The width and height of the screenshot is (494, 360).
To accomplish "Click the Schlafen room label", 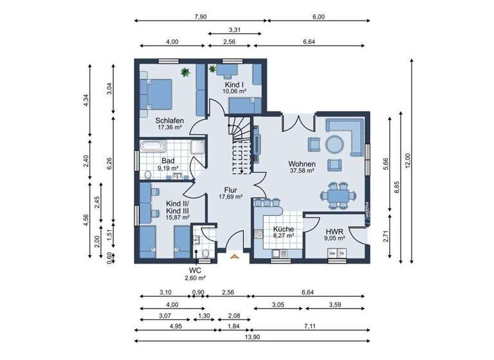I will point(170,120).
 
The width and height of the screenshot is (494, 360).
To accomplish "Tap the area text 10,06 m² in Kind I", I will point(234,92).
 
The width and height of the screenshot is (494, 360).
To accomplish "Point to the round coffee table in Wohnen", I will point(334,144).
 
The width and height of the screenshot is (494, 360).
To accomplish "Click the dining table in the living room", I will point(337,193).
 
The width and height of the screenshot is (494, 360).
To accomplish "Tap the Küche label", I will point(283,229).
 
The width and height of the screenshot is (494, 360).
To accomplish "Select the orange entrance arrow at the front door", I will point(235,256).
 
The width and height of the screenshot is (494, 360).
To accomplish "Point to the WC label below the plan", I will point(196,271).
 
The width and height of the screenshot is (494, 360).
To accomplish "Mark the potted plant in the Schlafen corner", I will point(185,72).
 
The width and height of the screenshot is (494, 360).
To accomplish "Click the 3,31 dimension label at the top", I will point(235,30).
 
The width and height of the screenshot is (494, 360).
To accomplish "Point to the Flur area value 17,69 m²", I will point(229,197).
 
